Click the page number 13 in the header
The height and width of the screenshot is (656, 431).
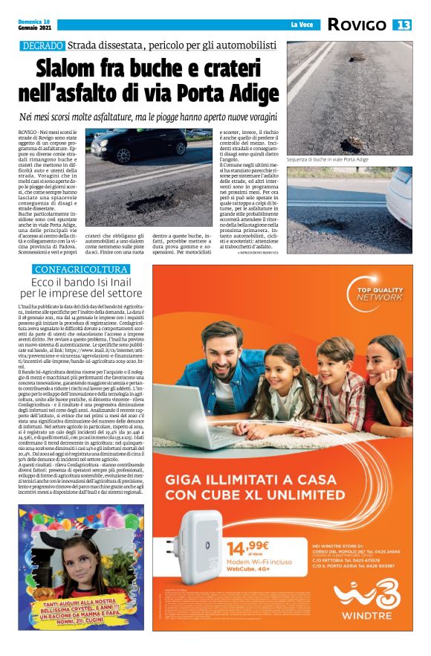[403, 25]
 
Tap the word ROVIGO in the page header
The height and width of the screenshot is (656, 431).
[357, 25]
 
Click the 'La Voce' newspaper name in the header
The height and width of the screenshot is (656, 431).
[301, 25]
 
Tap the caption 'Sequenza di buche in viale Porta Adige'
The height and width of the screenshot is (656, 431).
[328, 160]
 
